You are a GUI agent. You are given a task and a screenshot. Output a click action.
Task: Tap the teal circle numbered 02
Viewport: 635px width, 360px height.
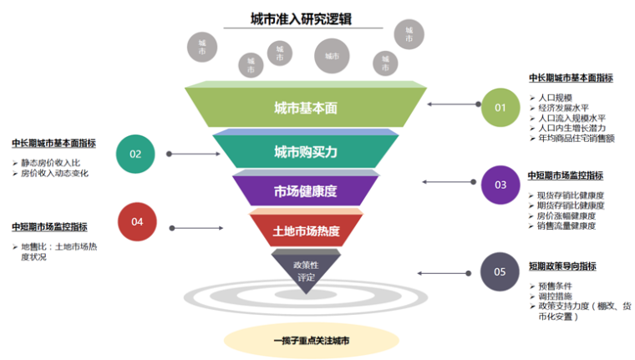(135, 154)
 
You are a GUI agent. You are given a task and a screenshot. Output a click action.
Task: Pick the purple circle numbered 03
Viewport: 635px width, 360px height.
(500, 184)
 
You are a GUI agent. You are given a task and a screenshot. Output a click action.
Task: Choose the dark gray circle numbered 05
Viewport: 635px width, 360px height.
(500, 271)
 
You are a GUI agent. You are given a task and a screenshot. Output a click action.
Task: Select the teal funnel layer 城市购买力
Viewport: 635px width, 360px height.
(305, 152)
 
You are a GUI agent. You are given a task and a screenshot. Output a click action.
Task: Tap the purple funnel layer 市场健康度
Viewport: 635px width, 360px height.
(305, 191)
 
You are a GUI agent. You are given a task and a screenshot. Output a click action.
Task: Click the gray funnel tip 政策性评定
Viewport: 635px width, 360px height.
(306, 271)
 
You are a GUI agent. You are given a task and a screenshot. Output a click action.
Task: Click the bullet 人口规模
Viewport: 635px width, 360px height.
(556, 98)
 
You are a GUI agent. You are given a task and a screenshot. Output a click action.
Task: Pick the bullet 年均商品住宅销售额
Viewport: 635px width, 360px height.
(577, 139)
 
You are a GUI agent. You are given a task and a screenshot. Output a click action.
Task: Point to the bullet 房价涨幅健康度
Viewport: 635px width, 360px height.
(566, 215)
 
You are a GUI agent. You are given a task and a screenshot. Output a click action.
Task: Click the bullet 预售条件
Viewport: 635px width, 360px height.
(556, 286)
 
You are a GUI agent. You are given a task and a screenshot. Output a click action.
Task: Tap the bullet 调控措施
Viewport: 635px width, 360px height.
(556, 297)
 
